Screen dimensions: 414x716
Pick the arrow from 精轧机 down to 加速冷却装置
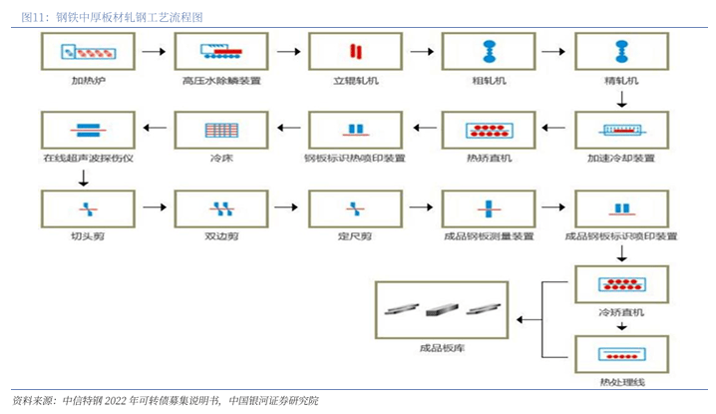click(622, 99)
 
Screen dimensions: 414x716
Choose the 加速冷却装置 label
click(622, 158)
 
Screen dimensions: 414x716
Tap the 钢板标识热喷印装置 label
click(354, 158)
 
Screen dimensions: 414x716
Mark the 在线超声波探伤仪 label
click(86, 158)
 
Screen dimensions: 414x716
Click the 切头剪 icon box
click(86, 207)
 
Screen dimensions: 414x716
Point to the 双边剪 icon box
click(220, 207)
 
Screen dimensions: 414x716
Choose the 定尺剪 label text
click(354, 236)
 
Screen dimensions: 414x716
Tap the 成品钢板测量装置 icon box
click(489, 207)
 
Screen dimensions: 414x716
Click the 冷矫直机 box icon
click(622, 286)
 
